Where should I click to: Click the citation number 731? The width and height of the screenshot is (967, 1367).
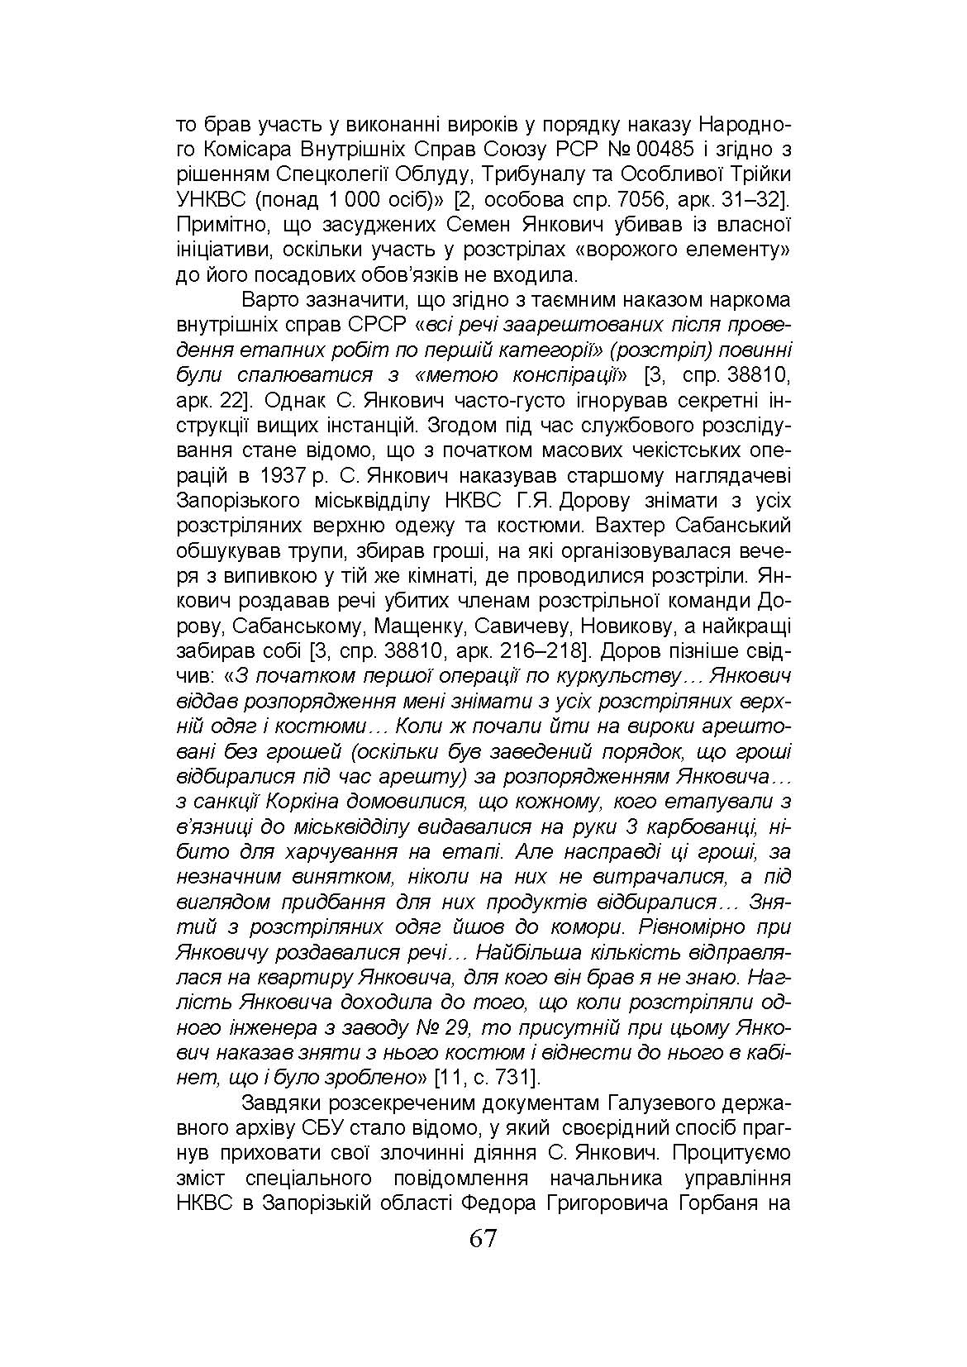click(513, 1077)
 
